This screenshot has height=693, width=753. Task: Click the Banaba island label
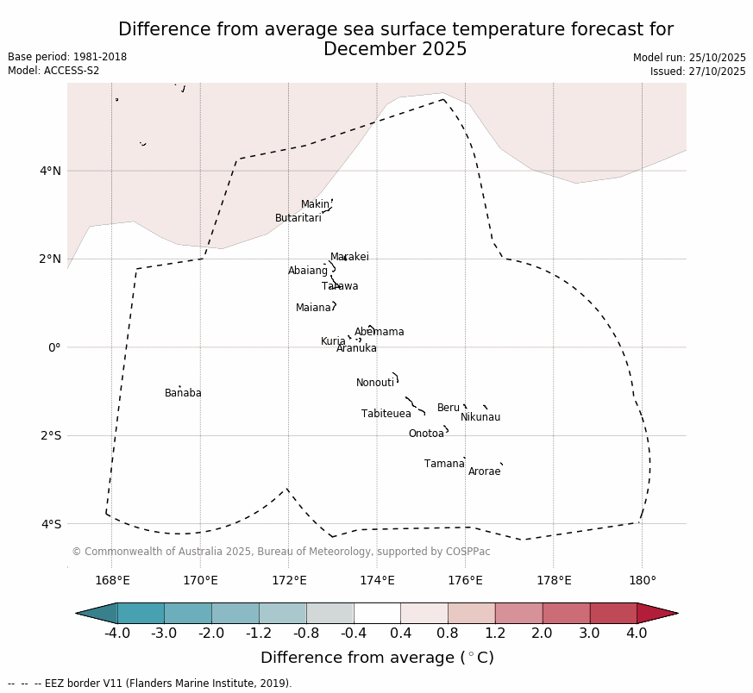(x=183, y=393)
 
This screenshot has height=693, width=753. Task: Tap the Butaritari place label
(x=298, y=218)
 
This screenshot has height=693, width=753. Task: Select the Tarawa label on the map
(x=340, y=286)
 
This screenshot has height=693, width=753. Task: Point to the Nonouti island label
(x=375, y=383)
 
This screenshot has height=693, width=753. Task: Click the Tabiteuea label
(x=386, y=414)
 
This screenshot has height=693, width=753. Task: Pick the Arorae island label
(x=484, y=471)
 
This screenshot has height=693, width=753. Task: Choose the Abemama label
(x=379, y=332)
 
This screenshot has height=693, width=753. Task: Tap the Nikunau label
(x=480, y=417)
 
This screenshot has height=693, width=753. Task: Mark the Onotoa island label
(x=426, y=434)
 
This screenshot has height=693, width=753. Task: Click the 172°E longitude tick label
(x=289, y=580)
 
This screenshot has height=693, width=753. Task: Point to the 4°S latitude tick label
(x=51, y=524)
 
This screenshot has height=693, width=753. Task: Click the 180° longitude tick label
(x=642, y=580)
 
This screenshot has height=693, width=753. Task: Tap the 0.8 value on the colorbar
(x=448, y=634)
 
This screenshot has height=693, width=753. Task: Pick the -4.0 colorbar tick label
(x=117, y=634)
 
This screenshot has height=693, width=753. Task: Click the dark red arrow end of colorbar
(x=657, y=613)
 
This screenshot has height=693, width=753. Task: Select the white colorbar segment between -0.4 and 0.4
(x=377, y=613)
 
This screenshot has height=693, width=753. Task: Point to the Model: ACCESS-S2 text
(x=53, y=71)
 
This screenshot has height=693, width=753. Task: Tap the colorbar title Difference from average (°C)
(x=377, y=658)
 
